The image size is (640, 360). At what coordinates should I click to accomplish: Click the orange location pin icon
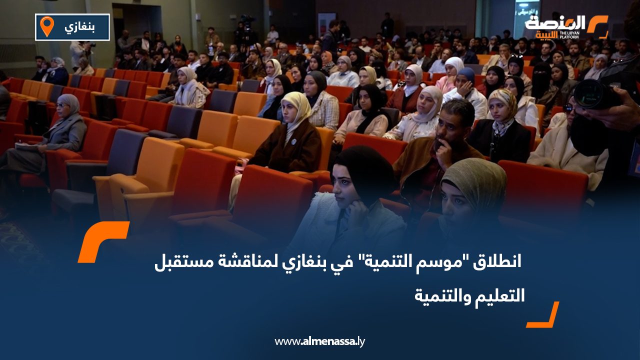click(x=46, y=26)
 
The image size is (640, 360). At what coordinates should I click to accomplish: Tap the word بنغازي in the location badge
click(x=80, y=26)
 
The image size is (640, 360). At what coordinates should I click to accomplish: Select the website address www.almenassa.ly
click(x=320, y=341)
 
